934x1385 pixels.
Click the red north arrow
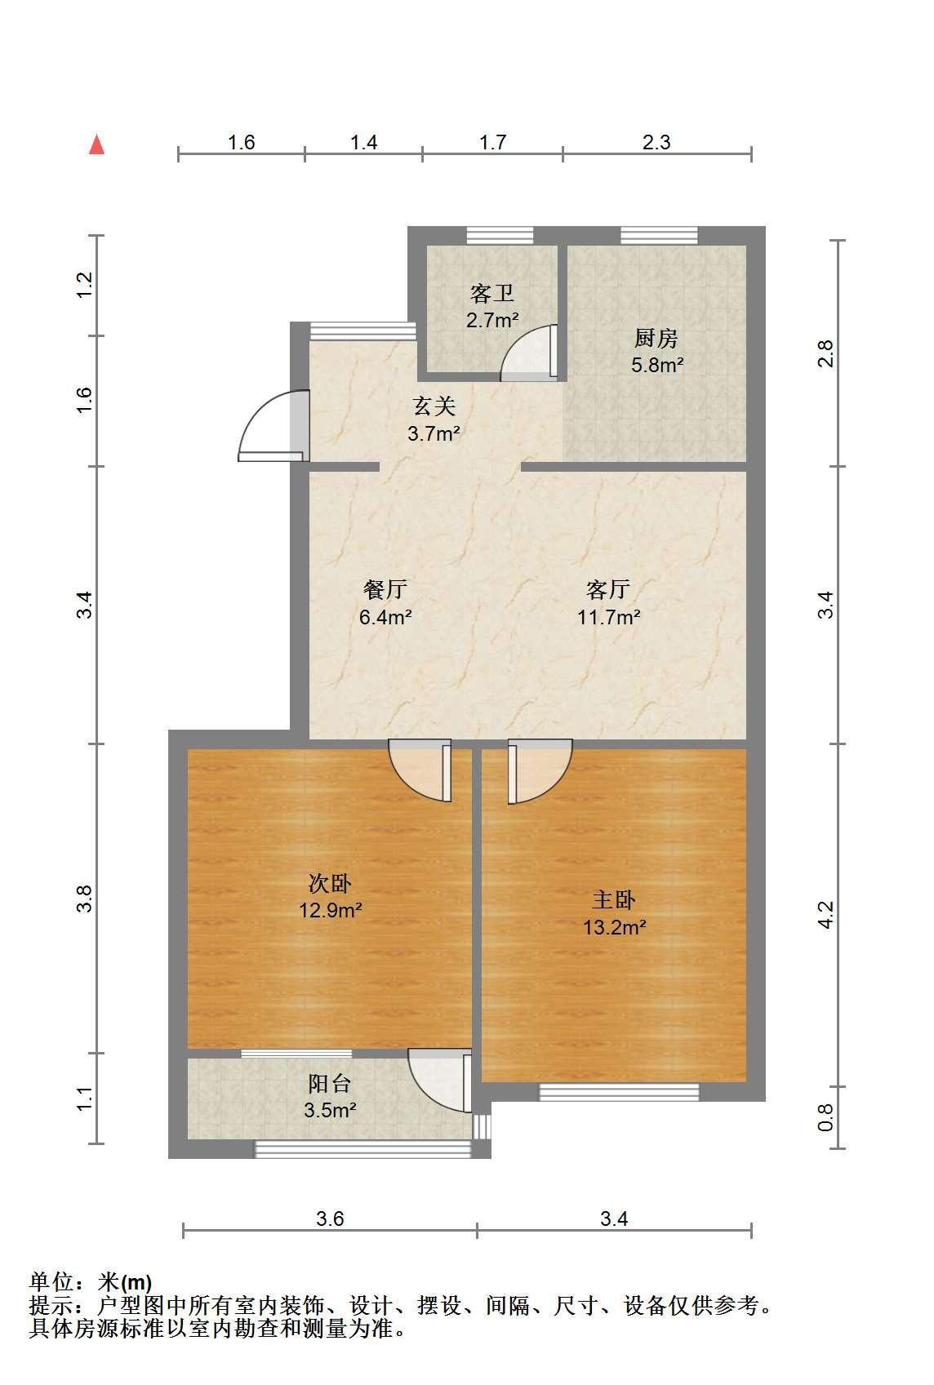(x=96, y=144)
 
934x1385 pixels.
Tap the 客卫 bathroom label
(x=491, y=293)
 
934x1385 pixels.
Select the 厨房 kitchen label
(x=656, y=338)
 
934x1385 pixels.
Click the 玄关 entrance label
(x=434, y=406)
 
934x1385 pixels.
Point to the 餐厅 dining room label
(x=385, y=589)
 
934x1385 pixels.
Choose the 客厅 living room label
(x=608, y=589)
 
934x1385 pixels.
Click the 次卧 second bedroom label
(x=330, y=883)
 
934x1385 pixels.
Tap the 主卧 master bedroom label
(x=614, y=899)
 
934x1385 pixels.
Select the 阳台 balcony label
(x=330, y=1083)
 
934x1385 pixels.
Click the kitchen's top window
(x=660, y=236)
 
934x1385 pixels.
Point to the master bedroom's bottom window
(x=619, y=1092)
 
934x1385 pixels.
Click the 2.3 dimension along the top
(x=656, y=142)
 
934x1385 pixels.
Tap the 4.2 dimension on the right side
(x=825, y=914)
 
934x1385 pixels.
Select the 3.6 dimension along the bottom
(x=330, y=1219)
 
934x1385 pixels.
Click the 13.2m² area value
(x=614, y=927)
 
